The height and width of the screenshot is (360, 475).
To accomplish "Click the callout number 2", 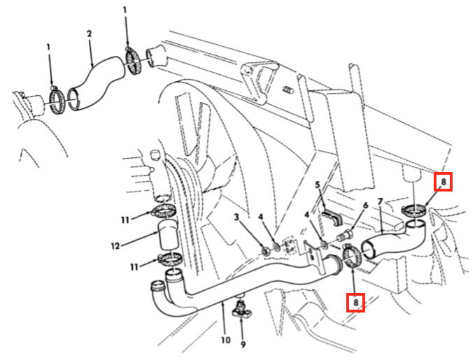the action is pos(89,34).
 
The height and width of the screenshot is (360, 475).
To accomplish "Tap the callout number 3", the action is pos(236,217).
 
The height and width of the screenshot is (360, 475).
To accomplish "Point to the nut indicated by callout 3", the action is pos(266,252).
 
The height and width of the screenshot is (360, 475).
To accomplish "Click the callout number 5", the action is pos(318,185).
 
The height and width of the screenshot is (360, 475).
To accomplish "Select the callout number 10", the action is pos(226,340).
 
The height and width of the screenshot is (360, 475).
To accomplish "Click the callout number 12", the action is pos(115,246).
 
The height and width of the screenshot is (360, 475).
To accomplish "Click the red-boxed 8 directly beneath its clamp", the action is pos(355,303).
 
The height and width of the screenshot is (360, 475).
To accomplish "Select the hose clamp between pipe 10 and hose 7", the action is pos(350,256).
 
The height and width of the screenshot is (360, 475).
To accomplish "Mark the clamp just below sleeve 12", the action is pos(170,259).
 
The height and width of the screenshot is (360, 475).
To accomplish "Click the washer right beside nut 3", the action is pos(276,247).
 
